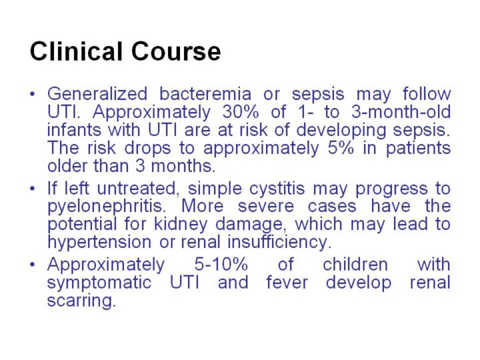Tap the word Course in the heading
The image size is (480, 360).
point(176,51)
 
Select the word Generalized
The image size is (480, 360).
point(97,93)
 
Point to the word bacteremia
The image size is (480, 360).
point(205,93)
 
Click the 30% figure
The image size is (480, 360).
point(241,112)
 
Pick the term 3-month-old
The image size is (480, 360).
point(401,112)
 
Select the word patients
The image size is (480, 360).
point(418,148)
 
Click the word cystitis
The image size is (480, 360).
point(277,189)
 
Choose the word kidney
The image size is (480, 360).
point(181,225)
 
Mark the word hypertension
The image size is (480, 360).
point(99,242)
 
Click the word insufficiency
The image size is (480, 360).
point(279,242)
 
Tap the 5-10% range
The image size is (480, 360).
point(221,264)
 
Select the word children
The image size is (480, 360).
point(355,264)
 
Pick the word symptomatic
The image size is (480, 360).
point(99,283)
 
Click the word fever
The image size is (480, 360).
point(287,282)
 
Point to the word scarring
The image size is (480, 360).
point(81,301)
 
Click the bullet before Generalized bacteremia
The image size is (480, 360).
point(33,94)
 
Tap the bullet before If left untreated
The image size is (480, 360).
point(33,189)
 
